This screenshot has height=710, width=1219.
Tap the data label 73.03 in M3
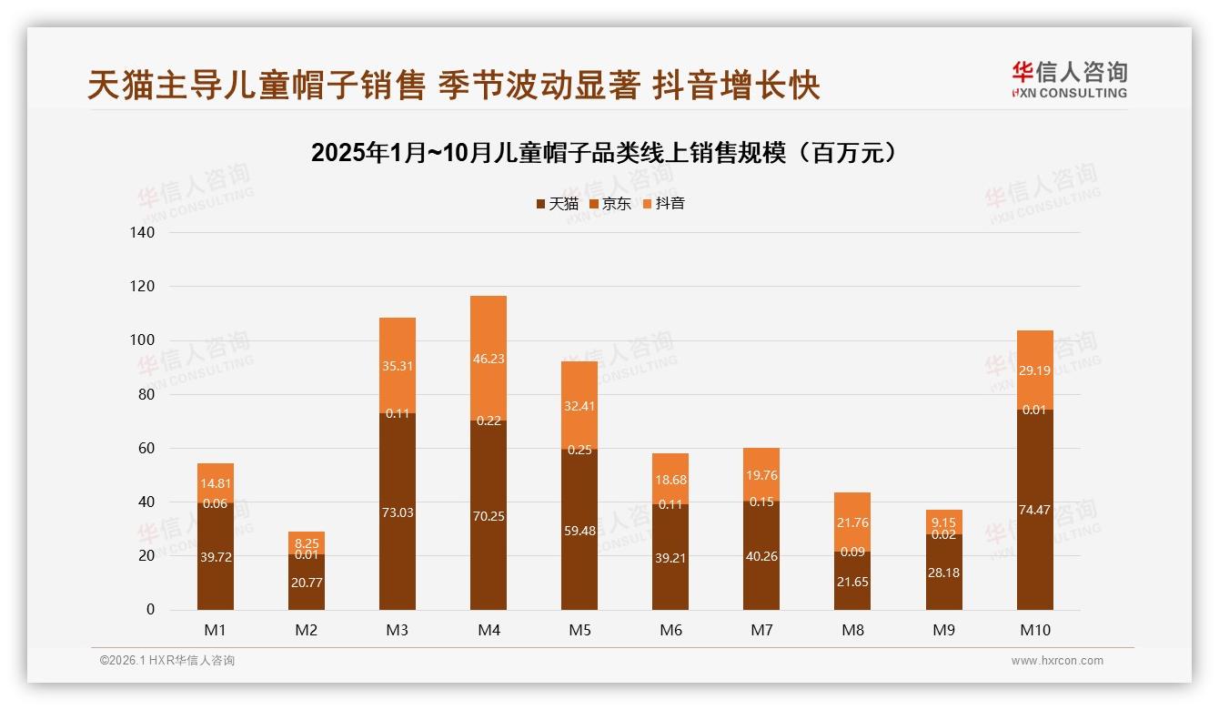click(x=398, y=512)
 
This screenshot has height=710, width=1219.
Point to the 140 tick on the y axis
click(x=144, y=233)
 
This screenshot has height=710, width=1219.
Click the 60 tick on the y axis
click(x=146, y=449)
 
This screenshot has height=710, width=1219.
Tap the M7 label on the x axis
click(x=761, y=630)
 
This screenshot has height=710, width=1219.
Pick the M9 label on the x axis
click(x=943, y=630)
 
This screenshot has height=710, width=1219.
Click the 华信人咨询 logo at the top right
click(x=1069, y=80)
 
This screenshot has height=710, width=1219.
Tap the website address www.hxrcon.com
click(x=1057, y=661)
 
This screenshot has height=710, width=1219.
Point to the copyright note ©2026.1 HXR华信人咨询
click(x=167, y=661)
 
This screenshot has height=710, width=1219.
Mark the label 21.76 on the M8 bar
click(x=852, y=522)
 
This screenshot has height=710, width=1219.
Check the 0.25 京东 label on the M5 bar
click(x=579, y=450)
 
